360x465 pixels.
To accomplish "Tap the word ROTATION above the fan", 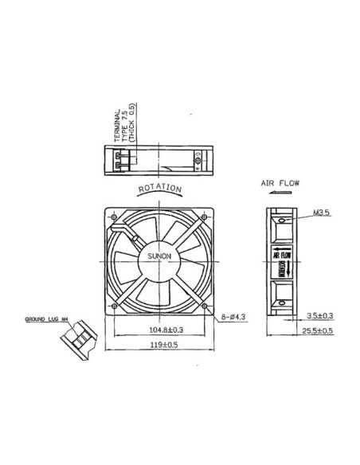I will (x=160, y=189).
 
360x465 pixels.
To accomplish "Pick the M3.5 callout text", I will (x=322, y=213).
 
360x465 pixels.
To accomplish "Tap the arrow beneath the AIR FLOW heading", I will (x=279, y=192).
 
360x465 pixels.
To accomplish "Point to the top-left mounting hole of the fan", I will (x=115, y=215).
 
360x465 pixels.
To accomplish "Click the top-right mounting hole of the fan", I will (x=207, y=215).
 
